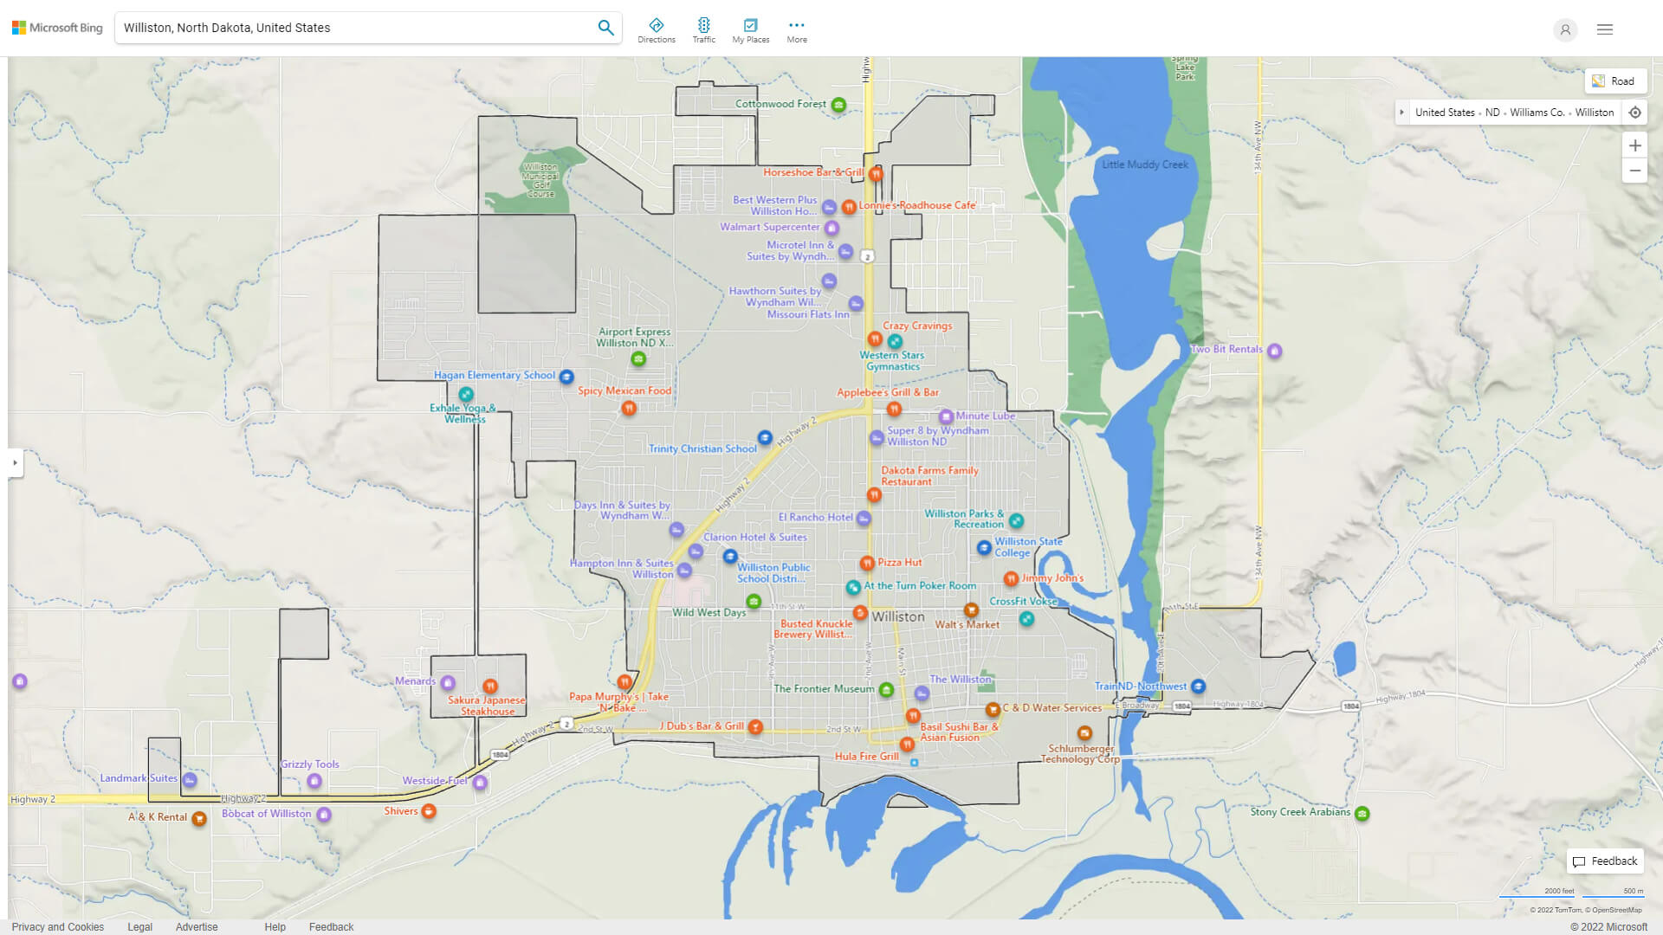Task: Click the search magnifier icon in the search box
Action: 605,28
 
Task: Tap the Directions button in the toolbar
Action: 657,30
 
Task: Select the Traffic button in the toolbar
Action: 704,30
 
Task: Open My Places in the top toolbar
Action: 750,30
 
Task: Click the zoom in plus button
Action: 1634,145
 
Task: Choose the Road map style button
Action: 1615,81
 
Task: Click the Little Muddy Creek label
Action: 1145,164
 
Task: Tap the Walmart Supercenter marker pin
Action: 831,229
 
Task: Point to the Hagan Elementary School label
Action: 495,376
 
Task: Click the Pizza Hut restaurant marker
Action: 867,563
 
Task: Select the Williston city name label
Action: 898,617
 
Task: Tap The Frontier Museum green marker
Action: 886,690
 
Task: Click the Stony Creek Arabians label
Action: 1300,812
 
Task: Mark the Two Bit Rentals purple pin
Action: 1275,351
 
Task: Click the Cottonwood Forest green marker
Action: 838,105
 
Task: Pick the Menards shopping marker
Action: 448,683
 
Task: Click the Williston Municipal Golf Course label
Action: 540,180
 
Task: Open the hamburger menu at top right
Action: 1605,29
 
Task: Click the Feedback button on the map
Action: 1605,861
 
